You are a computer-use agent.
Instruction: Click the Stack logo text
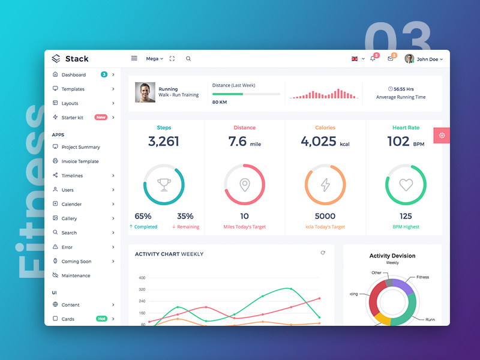[77, 59]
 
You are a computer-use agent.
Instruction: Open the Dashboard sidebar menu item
[73, 75]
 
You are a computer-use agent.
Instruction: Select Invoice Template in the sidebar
[80, 161]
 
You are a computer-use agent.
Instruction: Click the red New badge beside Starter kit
[101, 118]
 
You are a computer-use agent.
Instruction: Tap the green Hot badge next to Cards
[101, 319]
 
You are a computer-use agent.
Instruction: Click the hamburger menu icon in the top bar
[134, 59]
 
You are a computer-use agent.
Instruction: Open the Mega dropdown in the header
[154, 59]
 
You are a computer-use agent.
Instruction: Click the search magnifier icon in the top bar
[188, 59]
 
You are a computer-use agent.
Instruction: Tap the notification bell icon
[373, 59]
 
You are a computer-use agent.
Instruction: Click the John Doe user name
[428, 59]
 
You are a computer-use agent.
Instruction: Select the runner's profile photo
[145, 92]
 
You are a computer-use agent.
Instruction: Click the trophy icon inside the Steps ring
[164, 185]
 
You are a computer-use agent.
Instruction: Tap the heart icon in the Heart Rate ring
[406, 185]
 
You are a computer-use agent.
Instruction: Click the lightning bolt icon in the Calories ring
[325, 185]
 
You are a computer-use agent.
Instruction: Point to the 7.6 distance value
[238, 142]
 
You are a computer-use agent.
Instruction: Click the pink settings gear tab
[442, 136]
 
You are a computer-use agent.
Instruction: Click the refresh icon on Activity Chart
[323, 253]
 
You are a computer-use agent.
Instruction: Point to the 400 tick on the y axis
[142, 278]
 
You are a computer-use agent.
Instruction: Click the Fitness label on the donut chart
[422, 277]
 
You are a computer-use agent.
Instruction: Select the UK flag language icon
[355, 59]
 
